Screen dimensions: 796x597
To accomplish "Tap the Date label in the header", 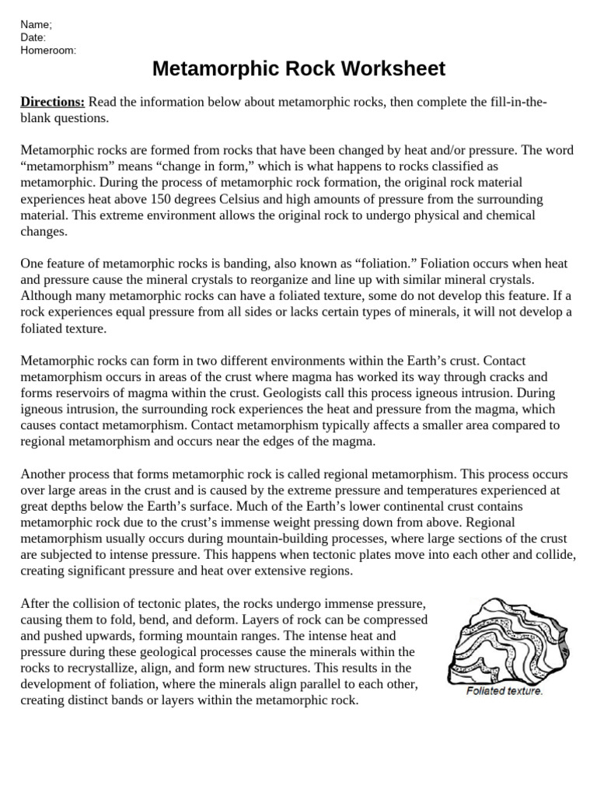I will click(33, 37).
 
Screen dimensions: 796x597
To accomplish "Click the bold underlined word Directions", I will click(52, 103).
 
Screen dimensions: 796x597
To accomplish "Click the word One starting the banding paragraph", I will click(33, 264).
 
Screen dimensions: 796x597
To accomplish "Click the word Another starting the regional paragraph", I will click(46, 474).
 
